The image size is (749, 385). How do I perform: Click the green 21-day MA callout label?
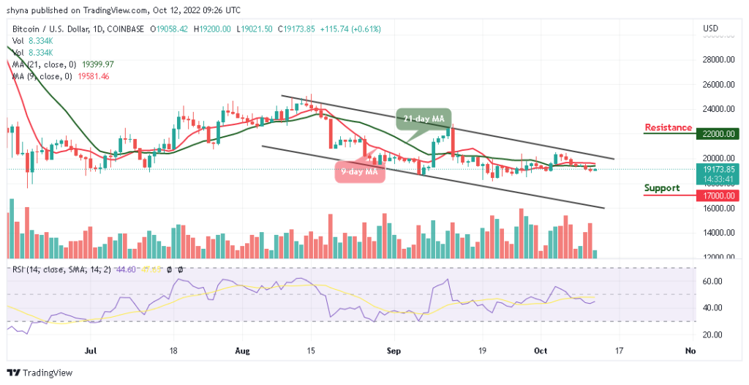[x=425, y=118]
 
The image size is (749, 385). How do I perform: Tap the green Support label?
[x=661, y=188]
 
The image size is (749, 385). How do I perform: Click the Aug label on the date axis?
[x=242, y=351]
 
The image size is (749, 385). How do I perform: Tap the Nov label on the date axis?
[x=689, y=351]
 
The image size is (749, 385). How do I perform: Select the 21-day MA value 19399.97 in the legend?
[x=99, y=64]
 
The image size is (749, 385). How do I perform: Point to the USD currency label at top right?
[x=710, y=29]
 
